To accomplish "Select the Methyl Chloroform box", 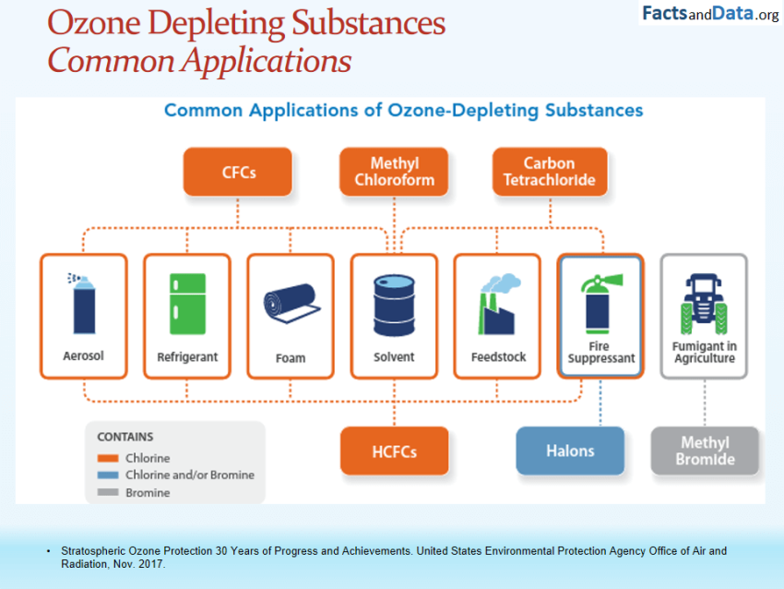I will click(x=395, y=172).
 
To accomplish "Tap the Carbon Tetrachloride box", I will click(x=550, y=172).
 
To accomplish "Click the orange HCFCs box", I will click(x=395, y=451).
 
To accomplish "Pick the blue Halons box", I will click(x=570, y=451).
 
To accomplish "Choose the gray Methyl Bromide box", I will click(x=706, y=451).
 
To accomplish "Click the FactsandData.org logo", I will click(x=710, y=14).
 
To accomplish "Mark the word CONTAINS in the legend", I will click(x=125, y=437).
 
